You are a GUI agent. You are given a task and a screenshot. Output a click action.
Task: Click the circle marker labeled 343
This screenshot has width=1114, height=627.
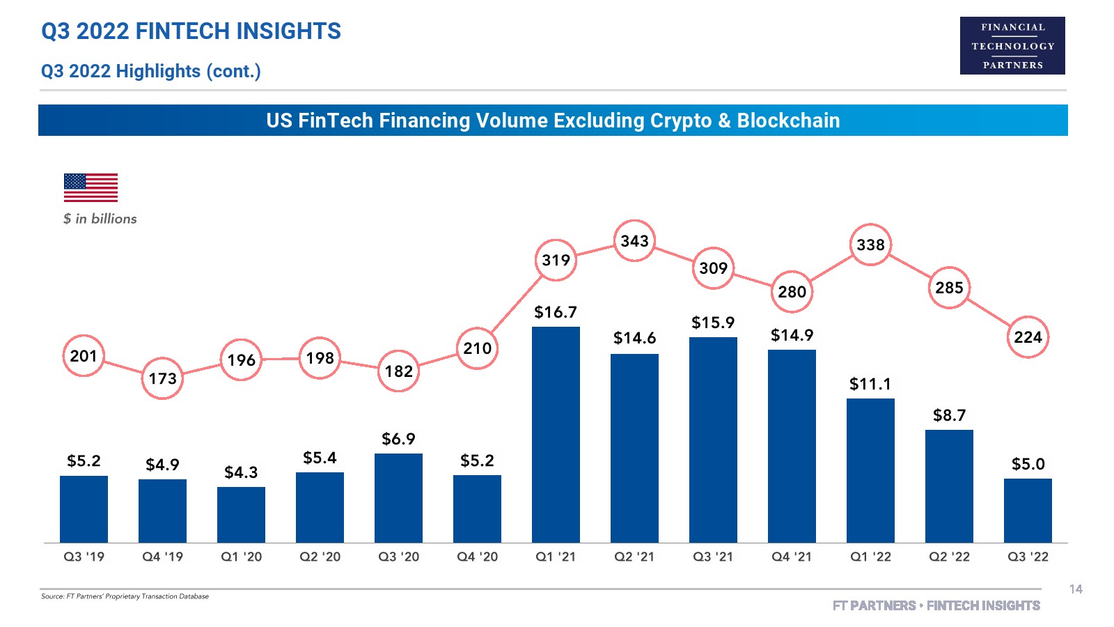(634, 241)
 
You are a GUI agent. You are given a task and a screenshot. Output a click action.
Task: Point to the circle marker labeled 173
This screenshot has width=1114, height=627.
(162, 378)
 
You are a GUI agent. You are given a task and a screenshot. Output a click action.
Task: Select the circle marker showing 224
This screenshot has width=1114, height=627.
(1028, 337)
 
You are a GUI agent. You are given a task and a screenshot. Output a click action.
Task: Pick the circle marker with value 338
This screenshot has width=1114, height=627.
(870, 245)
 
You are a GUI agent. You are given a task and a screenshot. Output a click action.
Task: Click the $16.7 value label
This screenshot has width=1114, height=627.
(556, 312)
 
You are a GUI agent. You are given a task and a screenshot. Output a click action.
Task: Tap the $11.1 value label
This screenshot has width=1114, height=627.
(870, 384)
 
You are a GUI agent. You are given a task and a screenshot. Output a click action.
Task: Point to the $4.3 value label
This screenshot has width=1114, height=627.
(241, 472)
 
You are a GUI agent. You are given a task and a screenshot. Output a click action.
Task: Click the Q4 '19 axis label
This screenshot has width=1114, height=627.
(162, 557)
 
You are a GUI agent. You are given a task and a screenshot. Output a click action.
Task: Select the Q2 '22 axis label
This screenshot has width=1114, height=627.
(949, 557)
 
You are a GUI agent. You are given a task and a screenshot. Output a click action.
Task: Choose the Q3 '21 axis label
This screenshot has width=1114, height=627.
(713, 557)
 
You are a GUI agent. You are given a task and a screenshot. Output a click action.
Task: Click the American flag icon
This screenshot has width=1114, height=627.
(91, 187)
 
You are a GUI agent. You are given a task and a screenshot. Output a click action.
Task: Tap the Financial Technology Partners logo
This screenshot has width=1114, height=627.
(1012, 46)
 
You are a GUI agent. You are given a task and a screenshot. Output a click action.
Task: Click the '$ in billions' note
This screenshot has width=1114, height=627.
(100, 219)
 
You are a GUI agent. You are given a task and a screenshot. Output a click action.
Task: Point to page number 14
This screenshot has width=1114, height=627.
(1076, 589)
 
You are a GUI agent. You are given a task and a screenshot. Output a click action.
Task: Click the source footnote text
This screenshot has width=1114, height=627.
(125, 596)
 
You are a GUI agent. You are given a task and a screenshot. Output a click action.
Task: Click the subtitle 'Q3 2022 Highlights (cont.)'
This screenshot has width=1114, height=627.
(150, 71)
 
